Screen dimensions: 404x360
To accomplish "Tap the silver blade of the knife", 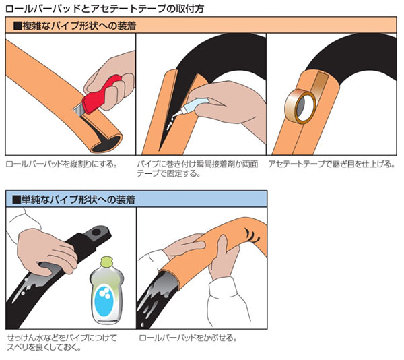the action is click(77, 110).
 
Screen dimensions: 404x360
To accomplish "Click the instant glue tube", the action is click(191, 107).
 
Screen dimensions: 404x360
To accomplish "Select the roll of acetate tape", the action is click(300, 107).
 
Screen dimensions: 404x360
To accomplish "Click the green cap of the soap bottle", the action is click(106, 262).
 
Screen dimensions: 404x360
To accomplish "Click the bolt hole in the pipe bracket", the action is click(96, 232).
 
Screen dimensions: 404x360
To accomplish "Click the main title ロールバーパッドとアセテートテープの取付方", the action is click(104, 9).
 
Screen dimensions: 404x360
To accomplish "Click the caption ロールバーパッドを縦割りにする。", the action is click(62, 164).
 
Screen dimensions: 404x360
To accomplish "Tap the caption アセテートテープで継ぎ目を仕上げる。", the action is click(331, 164).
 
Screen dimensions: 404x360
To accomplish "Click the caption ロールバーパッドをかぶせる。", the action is click(188, 338).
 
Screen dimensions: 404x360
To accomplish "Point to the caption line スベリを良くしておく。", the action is click(44, 347).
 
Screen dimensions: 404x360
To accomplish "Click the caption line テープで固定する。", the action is click(169, 173).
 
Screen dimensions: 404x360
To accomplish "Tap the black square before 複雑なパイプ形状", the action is click(17, 26).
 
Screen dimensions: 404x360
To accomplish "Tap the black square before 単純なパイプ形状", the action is click(16, 200).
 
